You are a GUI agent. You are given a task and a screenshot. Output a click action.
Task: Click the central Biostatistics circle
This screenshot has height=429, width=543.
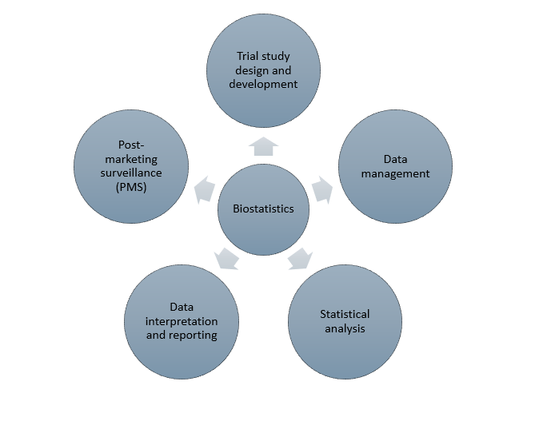click(x=263, y=209)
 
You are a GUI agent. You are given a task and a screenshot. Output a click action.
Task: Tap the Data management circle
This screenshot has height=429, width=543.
click(x=395, y=166)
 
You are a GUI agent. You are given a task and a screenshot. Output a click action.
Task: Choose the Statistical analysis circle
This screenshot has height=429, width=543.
click(x=345, y=320)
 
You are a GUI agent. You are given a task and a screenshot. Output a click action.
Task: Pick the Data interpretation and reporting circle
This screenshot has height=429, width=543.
click(x=182, y=320)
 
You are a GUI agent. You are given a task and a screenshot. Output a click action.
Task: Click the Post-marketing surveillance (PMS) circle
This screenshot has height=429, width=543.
click(x=131, y=166)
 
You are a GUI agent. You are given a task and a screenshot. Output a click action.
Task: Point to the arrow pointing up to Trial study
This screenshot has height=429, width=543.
click(x=263, y=145)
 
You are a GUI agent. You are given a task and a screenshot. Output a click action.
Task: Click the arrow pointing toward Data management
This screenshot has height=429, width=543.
click(x=321, y=190)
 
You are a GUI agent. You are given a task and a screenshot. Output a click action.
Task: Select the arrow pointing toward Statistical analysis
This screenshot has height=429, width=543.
click(x=300, y=258)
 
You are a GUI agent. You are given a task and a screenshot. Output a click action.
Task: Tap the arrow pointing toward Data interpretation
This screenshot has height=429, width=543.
click(x=226, y=258)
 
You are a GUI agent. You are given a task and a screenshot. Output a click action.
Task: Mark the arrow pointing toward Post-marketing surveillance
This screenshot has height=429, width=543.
click(x=205, y=190)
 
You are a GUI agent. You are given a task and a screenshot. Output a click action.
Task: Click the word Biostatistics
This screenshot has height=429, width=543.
click(x=263, y=209)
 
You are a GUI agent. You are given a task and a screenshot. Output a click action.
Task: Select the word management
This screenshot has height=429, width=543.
click(x=395, y=173)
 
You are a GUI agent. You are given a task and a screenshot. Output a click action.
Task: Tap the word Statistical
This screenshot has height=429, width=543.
click(x=345, y=314)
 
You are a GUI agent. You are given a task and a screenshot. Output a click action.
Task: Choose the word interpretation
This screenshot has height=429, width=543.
click(x=182, y=321)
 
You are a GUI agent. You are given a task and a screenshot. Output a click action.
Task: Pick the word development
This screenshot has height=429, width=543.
click(x=263, y=84)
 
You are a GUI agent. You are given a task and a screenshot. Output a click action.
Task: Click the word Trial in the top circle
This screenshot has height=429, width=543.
click(x=247, y=56)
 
